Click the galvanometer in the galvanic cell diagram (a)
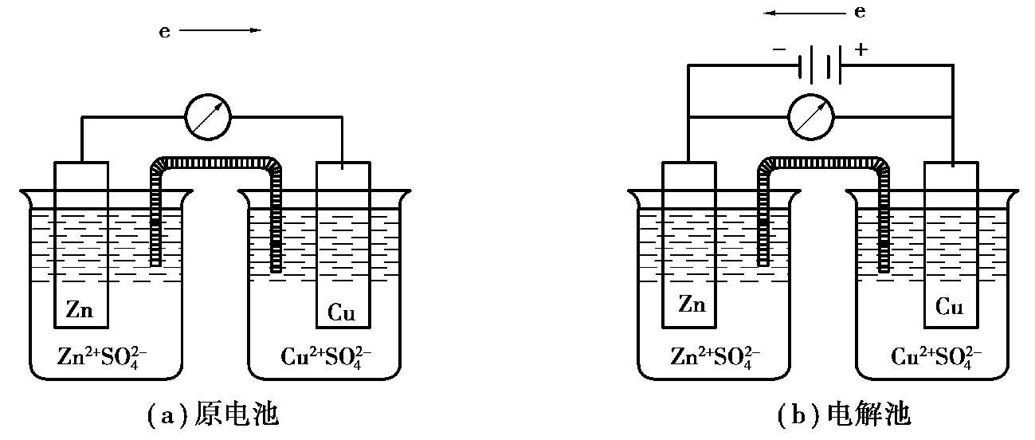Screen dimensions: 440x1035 point(207,117)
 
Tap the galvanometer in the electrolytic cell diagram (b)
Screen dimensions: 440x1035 point(810,117)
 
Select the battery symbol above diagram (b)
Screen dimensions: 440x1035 point(819,66)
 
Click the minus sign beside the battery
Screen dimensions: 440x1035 point(778,49)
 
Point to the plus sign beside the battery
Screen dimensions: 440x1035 point(861,49)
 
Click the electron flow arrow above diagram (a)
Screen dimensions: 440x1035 point(221,30)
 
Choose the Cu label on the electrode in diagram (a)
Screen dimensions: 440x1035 point(342,312)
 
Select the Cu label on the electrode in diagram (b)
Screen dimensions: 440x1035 point(949,307)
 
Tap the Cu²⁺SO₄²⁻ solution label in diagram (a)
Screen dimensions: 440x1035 point(327,355)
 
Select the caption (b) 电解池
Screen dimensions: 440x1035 point(844,415)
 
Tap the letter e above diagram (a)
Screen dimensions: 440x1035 point(165,32)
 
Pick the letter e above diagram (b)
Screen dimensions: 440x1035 point(860,13)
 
